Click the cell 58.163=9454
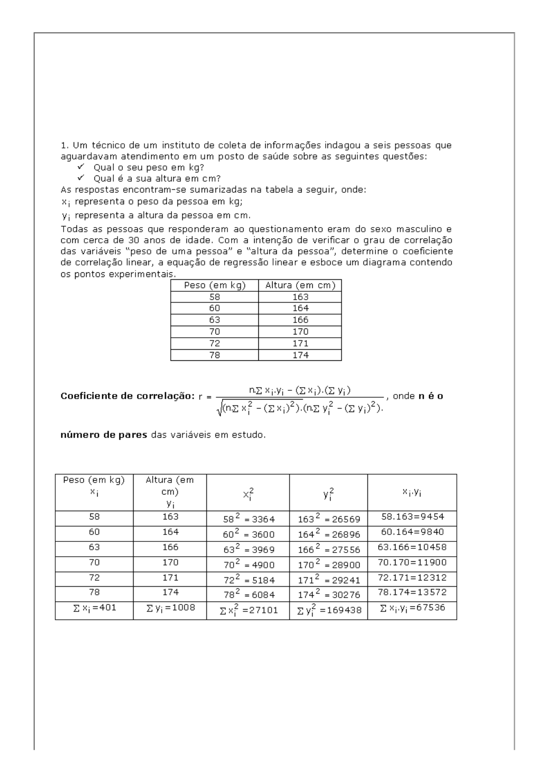[413, 517]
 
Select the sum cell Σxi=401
[94, 608]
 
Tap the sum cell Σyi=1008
[170, 608]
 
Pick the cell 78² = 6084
[249, 594]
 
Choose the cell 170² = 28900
[329, 564]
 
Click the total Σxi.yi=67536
[412, 608]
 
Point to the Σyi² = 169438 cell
[329, 610]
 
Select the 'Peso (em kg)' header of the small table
[215, 285]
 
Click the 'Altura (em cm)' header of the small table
[300, 285]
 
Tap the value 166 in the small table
[300, 320]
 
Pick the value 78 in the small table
[215, 355]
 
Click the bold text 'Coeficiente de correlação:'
[128, 396]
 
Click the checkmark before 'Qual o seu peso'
[81, 167]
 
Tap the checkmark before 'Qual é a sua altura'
[81, 178]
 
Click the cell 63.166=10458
[413, 547]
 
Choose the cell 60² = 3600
[249, 534]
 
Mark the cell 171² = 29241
[329, 580]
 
